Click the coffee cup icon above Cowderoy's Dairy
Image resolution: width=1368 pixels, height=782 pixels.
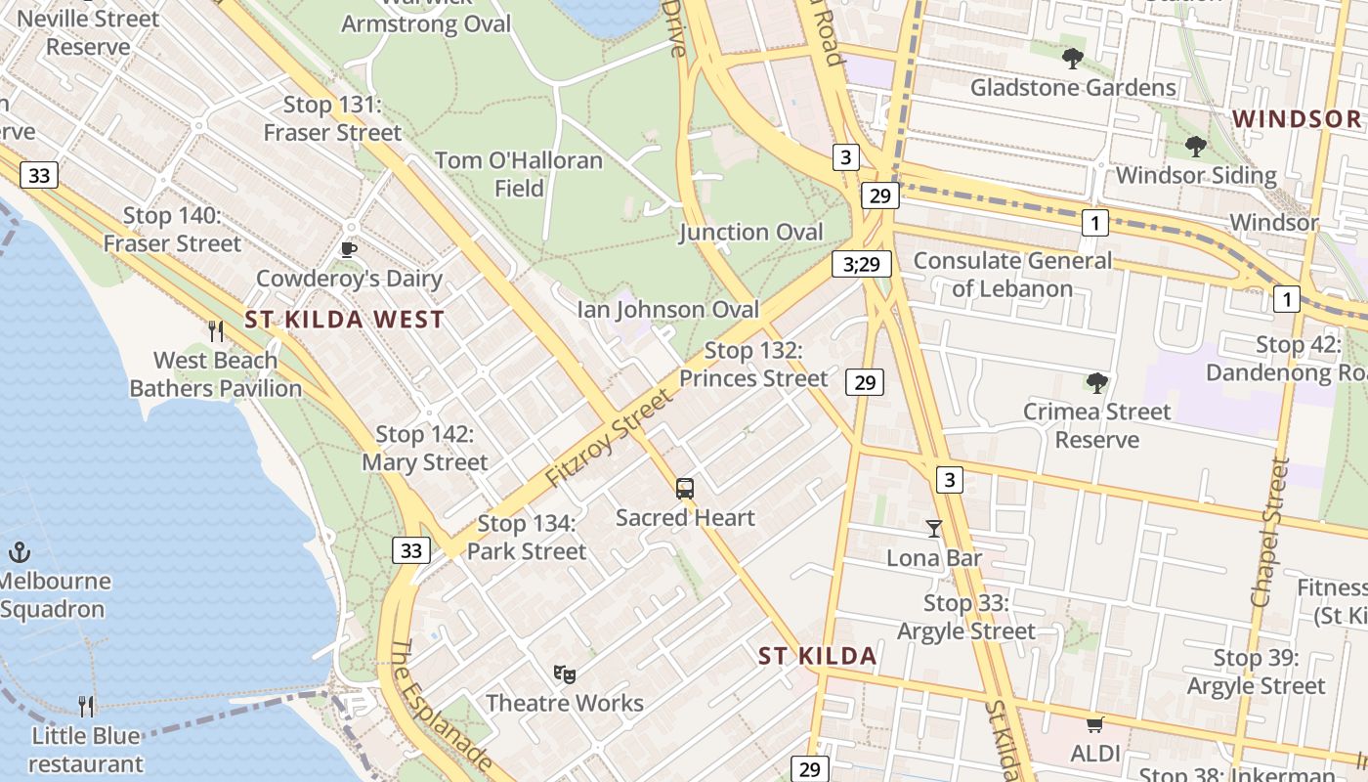[x=349, y=250]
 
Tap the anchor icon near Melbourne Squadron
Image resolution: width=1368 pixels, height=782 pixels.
[x=20, y=552]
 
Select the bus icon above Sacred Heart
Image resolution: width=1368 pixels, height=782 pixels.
[x=685, y=488]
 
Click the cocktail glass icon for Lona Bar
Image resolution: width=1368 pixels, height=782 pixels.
[x=934, y=529]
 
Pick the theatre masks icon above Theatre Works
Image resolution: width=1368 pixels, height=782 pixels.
[x=565, y=674]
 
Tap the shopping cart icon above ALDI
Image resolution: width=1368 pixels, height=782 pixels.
[x=1094, y=725]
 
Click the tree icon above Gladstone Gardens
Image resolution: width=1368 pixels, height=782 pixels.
[x=1073, y=59]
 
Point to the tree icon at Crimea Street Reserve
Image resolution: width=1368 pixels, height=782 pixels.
[x=1097, y=382]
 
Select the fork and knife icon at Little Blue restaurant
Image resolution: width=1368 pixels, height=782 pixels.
[x=87, y=707]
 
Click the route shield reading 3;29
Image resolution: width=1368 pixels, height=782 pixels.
[x=862, y=264]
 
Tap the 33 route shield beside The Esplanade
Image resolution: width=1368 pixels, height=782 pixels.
[x=411, y=550]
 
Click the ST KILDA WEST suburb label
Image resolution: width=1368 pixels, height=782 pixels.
[x=344, y=320]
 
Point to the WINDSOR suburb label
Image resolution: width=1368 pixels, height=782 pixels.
[x=1296, y=119]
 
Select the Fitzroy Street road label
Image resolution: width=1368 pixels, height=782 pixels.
[x=610, y=438]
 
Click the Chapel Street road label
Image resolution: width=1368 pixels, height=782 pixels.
[x=1272, y=533]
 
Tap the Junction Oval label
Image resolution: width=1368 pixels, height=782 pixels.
[x=751, y=232]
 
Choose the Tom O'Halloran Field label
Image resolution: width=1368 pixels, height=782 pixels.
[x=519, y=174]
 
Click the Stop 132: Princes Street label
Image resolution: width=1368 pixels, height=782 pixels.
[x=753, y=364]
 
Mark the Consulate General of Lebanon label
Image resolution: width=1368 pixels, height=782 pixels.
[x=1012, y=275]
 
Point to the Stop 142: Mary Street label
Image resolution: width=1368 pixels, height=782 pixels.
[x=425, y=448]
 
